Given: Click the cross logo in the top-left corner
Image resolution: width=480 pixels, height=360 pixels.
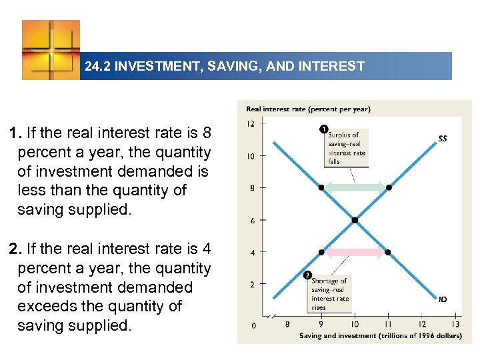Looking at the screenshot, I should pyautogui.click(x=51, y=50).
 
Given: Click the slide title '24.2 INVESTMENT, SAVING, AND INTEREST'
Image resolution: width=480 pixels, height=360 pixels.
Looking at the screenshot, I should pyautogui.click(x=225, y=67).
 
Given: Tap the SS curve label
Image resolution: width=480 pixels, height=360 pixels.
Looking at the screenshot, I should pyautogui.click(x=443, y=139).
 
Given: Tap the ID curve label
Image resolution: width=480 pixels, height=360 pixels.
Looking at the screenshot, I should pyautogui.click(x=443, y=299).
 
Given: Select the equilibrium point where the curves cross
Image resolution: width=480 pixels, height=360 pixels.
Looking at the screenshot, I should pyautogui.click(x=355, y=220).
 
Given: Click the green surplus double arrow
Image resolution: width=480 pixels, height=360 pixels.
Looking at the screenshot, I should pyautogui.click(x=355, y=188).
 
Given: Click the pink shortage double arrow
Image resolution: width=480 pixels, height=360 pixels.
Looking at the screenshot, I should pyautogui.click(x=355, y=253).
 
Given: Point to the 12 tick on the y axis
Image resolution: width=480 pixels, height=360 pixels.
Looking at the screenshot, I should pyautogui.click(x=250, y=124).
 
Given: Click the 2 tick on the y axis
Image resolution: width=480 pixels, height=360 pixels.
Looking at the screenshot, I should pyautogui.click(x=251, y=285).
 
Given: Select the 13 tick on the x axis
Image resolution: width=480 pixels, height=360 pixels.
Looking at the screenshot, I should pyautogui.click(x=455, y=325).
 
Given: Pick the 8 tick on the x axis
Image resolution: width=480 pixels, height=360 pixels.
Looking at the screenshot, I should pyautogui.click(x=287, y=325).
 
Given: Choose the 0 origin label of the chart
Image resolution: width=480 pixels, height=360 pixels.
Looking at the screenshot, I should pyautogui.click(x=253, y=325).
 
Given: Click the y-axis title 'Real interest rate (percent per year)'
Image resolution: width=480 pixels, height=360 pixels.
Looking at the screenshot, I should pyautogui.click(x=308, y=109).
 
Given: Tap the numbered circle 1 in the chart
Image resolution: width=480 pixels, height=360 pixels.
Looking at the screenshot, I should pyautogui.click(x=323, y=129).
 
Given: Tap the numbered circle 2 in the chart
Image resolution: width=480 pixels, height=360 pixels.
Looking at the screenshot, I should pyautogui.click(x=307, y=275).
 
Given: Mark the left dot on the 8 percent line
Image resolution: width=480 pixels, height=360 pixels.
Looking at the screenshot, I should pyautogui.click(x=321, y=188).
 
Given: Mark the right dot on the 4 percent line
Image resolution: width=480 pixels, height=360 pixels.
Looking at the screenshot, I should pyautogui.click(x=389, y=253).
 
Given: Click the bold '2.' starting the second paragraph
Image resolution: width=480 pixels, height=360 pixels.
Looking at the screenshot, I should pyautogui.click(x=15, y=249).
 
